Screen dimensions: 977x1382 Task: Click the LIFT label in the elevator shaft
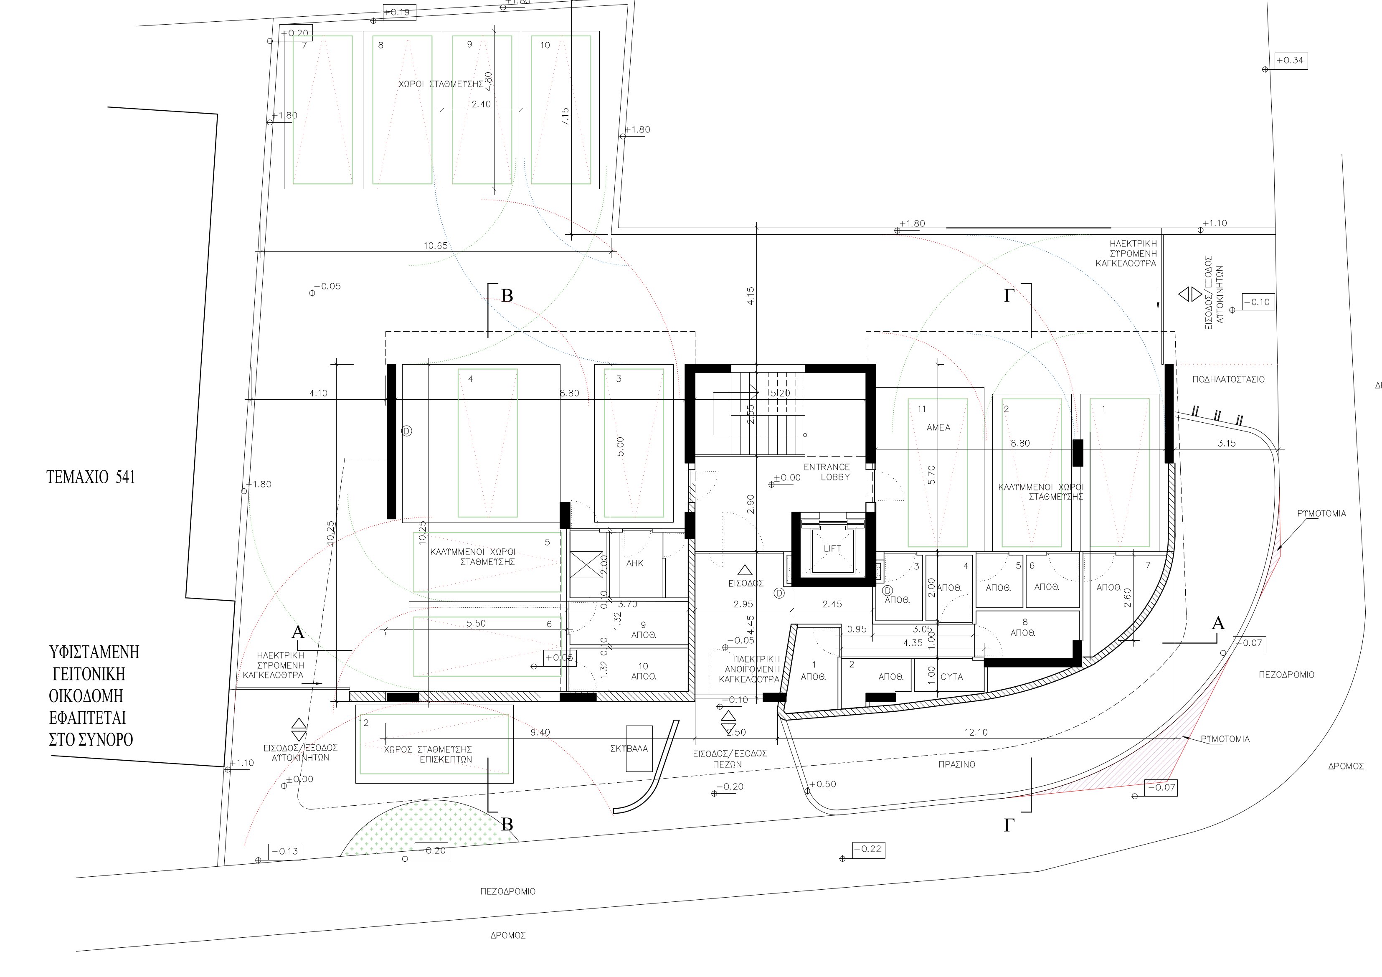click(832, 548)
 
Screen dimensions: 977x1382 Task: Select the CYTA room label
click(952, 677)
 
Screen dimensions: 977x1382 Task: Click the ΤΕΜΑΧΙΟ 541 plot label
click(91, 477)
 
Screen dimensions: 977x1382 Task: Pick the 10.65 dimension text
click(436, 246)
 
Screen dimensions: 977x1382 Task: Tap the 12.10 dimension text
click(976, 733)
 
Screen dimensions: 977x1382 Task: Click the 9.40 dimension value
click(540, 733)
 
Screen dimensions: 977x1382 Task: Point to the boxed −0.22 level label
click(868, 849)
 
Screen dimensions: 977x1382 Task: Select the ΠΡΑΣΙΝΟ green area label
click(956, 764)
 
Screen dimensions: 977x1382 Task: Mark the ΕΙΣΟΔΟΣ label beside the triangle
click(746, 583)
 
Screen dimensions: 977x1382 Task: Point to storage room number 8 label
click(1025, 622)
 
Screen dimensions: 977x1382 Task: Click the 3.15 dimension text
click(1226, 443)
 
